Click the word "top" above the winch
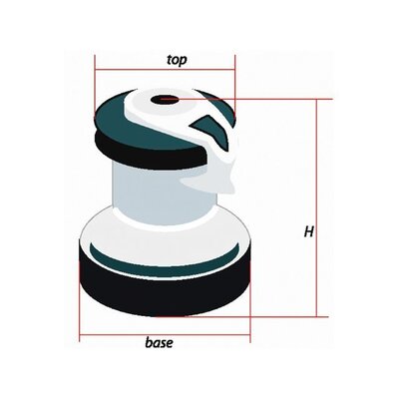(177, 60)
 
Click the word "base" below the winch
(159, 343)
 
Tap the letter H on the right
(309, 231)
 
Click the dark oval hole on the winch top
(164, 99)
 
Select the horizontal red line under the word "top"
(165, 70)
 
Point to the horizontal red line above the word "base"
(165, 335)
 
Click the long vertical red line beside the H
(316, 207)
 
